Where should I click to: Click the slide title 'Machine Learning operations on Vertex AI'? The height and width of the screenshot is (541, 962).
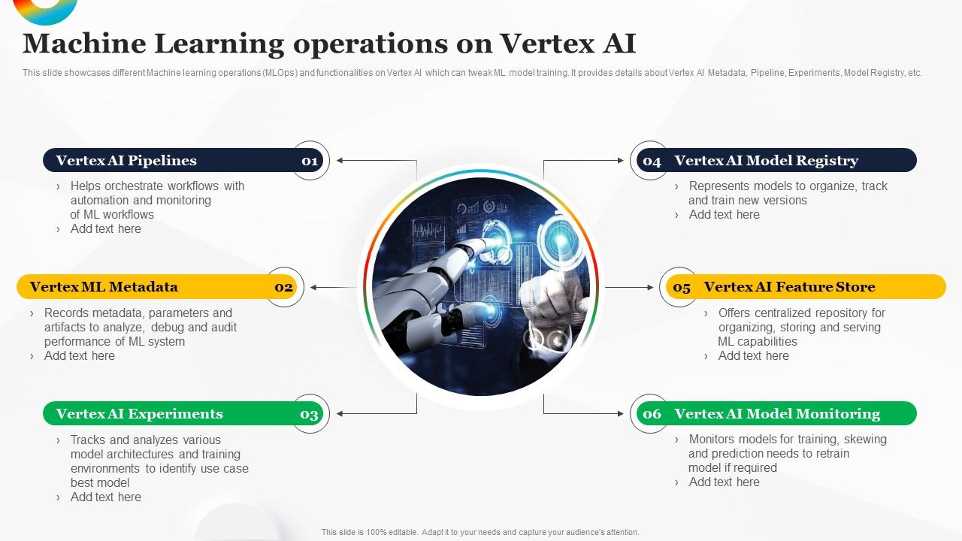pyautogui.click(x=329, y=44)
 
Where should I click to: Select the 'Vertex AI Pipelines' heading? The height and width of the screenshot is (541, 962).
pyautogui.click(x=126, y=160)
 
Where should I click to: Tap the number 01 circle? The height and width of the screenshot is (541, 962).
pyautogui.click(x=310, y=160)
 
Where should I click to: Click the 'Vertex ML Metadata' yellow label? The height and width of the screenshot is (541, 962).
pyautogui.click(x=104, y=286)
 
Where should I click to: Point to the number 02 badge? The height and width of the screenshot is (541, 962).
pyautogui.click(x=284, y=287)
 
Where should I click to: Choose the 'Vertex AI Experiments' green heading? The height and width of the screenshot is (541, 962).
pyautogui.click(x=139, y=413)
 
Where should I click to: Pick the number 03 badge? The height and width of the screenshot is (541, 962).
pyautogui.click(x=310, y=414)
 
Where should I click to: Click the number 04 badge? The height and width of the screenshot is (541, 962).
pyautogui.click(x=651, y=161)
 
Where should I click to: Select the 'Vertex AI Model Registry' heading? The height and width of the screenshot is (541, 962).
pyautogui.click(x=766, y=160)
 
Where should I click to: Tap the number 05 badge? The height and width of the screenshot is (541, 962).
pyautogui.click(x=681, y=287)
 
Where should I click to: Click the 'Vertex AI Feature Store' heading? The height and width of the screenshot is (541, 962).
pyautogui.click(x=789, y=286)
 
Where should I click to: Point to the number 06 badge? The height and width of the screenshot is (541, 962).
pyautogui.click(x=651, y=414)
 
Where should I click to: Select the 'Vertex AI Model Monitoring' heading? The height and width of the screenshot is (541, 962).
pyautogui.click(x=777, y=413)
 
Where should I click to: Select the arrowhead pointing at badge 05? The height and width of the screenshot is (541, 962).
pyautogui.click(x=650, y=287)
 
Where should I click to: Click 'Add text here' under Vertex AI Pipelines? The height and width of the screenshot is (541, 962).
pyautogui.click(x=105, y=228)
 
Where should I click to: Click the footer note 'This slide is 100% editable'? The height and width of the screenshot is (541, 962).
pyautogui.click(x=480, y=532)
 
